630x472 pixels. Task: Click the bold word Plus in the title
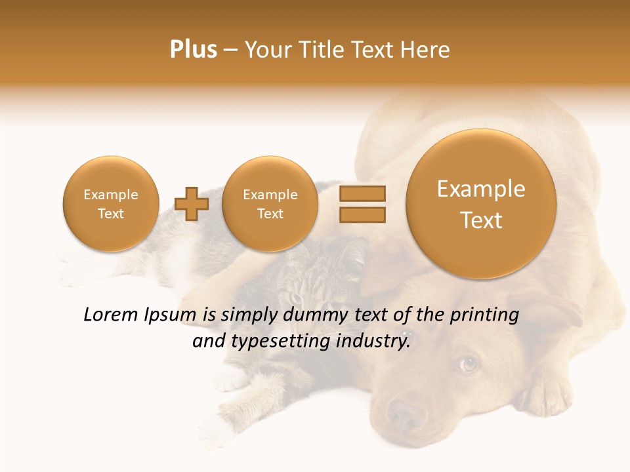(193, 50)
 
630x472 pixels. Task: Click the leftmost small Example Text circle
(110, 204)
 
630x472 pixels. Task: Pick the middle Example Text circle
(270, 204)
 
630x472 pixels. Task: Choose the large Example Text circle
(481, 204)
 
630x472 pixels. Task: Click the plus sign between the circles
(192, 204)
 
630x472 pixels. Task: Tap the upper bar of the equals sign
(362, 193)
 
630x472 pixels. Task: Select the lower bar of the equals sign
(362, 214)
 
